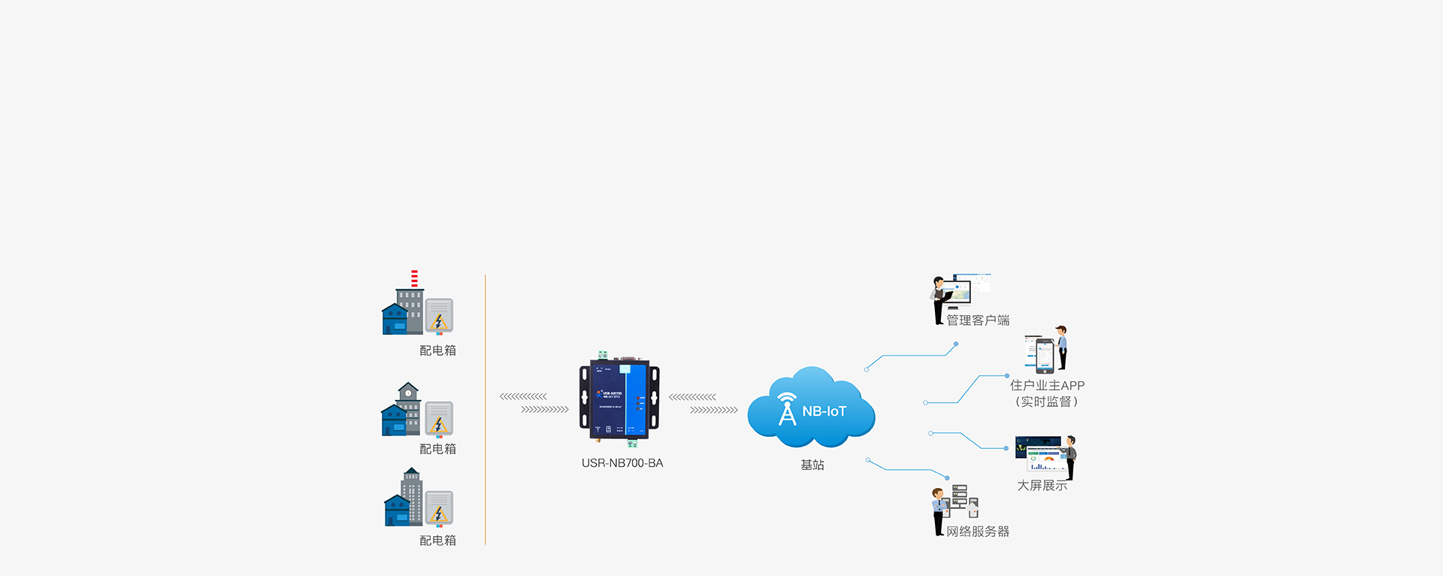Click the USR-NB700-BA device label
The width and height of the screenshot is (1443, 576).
[x=622, y=463]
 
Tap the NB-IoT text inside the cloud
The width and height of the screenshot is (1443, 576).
[x=824, y=411]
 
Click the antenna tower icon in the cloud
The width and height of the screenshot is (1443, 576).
[x=787, y=409]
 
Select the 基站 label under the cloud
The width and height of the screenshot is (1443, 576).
[x=812, y=465]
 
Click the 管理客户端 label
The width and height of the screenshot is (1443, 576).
[x=978, y=320]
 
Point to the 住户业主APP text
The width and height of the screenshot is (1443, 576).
[x=1047, y=385]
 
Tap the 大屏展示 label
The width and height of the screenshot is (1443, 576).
[x=1042, y=486]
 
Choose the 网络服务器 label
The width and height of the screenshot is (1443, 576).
[x=978, y=532]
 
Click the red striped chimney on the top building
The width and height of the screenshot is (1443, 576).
[x=414, y=278]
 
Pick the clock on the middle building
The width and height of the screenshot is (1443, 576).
[x=408, y=393]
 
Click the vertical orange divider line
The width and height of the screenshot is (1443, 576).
[x=486, y=410]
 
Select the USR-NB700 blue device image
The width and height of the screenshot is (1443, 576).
[x=619, y=399]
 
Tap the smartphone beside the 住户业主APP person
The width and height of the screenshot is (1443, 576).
[x=1045, y=356]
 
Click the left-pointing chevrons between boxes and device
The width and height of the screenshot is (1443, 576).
[x=523, y=396]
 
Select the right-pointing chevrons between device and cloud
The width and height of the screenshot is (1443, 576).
[x=714, y=410]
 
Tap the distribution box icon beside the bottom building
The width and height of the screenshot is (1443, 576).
[x=439, y=508]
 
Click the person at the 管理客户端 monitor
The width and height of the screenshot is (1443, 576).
[x=939, y=299]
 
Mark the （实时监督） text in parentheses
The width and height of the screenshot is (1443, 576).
[x=1047, y=402]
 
